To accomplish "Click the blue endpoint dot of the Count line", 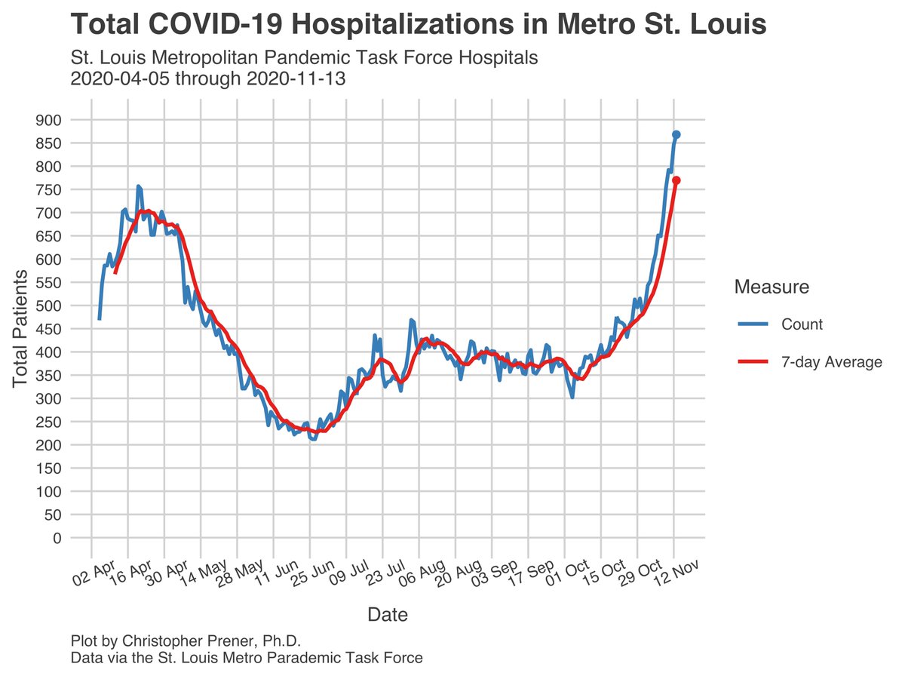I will [676, 134].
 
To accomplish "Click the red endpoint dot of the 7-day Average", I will [676, 180].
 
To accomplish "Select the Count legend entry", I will [802, 324].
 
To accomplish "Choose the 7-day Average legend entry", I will [831, 362].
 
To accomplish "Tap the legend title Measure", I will [772, 287].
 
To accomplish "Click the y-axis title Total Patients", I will [20, 329].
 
